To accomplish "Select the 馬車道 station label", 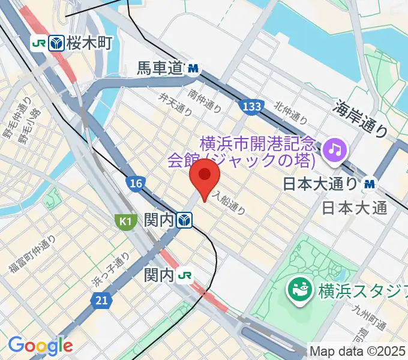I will point(158,69).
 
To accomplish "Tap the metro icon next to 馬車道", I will point(193,69).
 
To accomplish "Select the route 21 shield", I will point(101,300).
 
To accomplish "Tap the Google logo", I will point(40,345).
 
